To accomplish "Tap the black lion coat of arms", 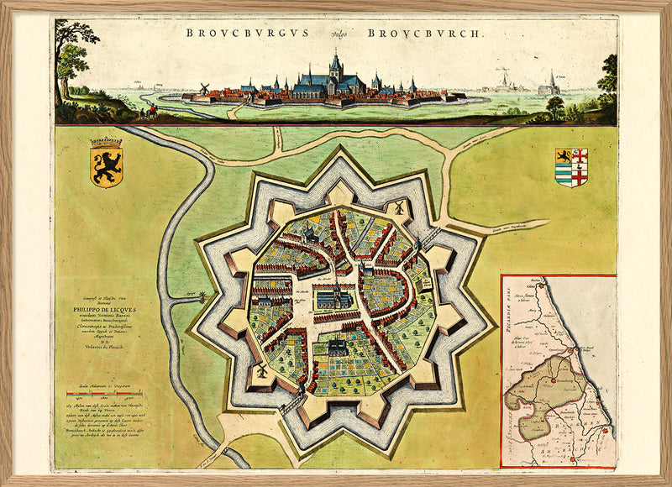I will tap(106, 162).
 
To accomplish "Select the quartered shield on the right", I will tap(572, 167).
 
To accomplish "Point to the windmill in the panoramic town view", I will tap(203, 88).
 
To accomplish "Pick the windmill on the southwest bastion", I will tap(261, 369).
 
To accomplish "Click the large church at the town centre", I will tap(334, 296).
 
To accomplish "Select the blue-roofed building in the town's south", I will tap(335, 348).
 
